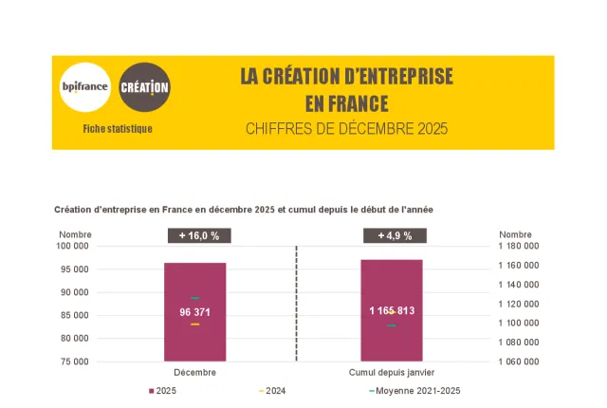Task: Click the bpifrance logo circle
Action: tap(84, 87)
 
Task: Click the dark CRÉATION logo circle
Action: tap(145, 87)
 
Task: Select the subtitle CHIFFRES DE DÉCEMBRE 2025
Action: tap(346, 128)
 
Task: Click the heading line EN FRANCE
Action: tap(346, 102)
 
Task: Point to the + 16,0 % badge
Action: tap(199, 235)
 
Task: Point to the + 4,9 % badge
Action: tap(394, 235)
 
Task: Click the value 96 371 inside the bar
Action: tap(195, 311)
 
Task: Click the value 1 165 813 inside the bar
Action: tap(392, 310)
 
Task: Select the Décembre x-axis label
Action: tap(194, 372)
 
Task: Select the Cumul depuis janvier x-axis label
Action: tap(392, 372)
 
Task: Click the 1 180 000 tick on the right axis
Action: tap(519, 246)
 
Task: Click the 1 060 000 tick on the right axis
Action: tap(519, 362)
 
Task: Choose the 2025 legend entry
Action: tap(163, 391)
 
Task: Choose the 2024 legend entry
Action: tap(272, 391)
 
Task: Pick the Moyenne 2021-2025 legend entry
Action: tap(414, 391)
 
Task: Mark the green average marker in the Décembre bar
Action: tap(194, 298)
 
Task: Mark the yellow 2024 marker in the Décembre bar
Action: tap(194, 325)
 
